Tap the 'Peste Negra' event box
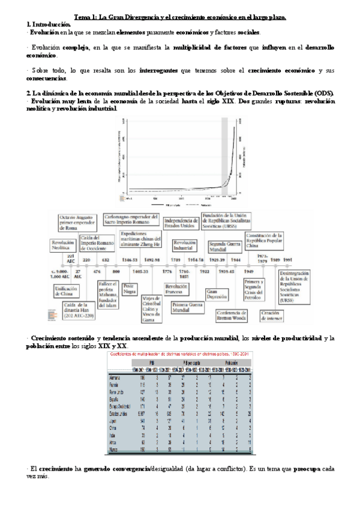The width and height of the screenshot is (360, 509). click(128, 289)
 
